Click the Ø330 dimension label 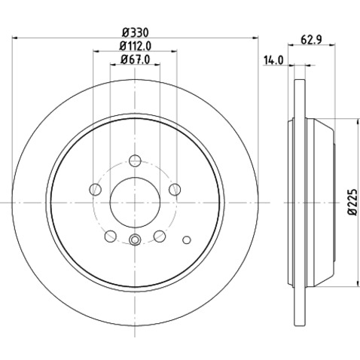(136, 32)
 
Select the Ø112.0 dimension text (136, 46)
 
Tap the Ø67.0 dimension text (136, 59)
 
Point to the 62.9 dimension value (311, 40)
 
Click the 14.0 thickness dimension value (273, 60)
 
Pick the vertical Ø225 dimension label (352, 202)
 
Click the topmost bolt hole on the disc (135, 160)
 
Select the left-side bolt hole (95, 189)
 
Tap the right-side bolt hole (175, 189)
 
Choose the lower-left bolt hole (111, 236)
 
